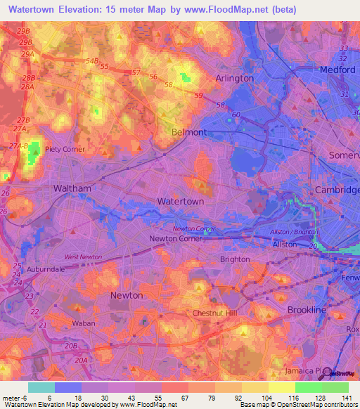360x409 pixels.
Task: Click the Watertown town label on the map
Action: click(x=181, y=201)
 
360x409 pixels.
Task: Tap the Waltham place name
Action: click(x=72, y=189)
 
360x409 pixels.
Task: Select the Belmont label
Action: click(x=189, y=132)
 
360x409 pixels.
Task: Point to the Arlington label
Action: click(x=235, y=78)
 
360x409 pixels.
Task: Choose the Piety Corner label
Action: click(x=65, y=149)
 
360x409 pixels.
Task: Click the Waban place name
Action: click(x=84, y=324)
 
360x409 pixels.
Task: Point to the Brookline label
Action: click(x=307, y=309)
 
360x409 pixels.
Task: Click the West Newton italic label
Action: click(x=83, y=257)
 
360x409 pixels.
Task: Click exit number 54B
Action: click(x=92, y=60)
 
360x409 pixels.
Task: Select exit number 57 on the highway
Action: click(x=136, y=72)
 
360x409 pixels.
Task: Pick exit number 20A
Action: click(x=83, y=360)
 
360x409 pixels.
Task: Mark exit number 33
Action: click(x=344, y=48)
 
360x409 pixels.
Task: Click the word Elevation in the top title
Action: click(x=76, y=10)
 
